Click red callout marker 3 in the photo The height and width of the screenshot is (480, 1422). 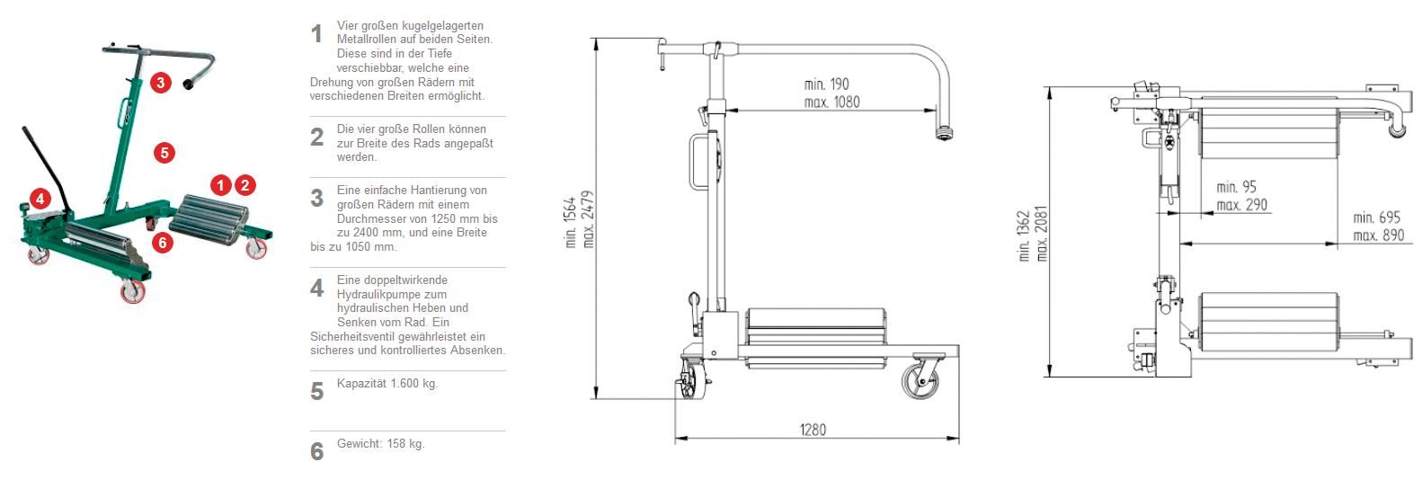[x=161, y=83]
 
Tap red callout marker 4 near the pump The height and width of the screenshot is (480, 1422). [x=40, y=199]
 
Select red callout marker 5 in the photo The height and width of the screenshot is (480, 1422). [x=164, y=153]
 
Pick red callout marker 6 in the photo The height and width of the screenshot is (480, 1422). [x=163, y=243]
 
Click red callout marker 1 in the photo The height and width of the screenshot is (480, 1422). [x=221, y=185]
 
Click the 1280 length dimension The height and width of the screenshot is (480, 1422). [x=813, y=430]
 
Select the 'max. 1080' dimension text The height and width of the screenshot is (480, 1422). [x=831, y=102]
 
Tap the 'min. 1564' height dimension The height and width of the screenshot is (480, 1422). [x=571, y=222]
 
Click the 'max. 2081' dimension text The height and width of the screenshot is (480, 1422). [x=1041, y=234]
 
